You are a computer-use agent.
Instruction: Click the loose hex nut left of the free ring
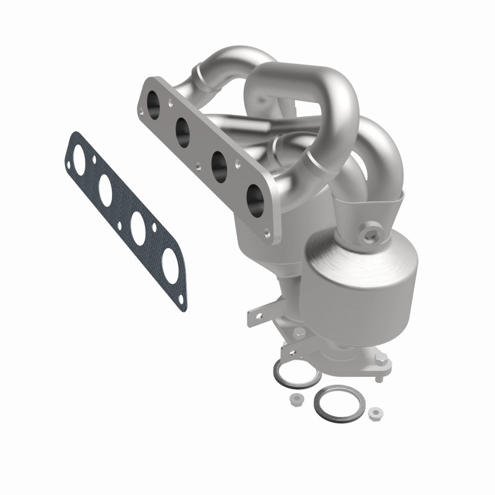tap(295, 400)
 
